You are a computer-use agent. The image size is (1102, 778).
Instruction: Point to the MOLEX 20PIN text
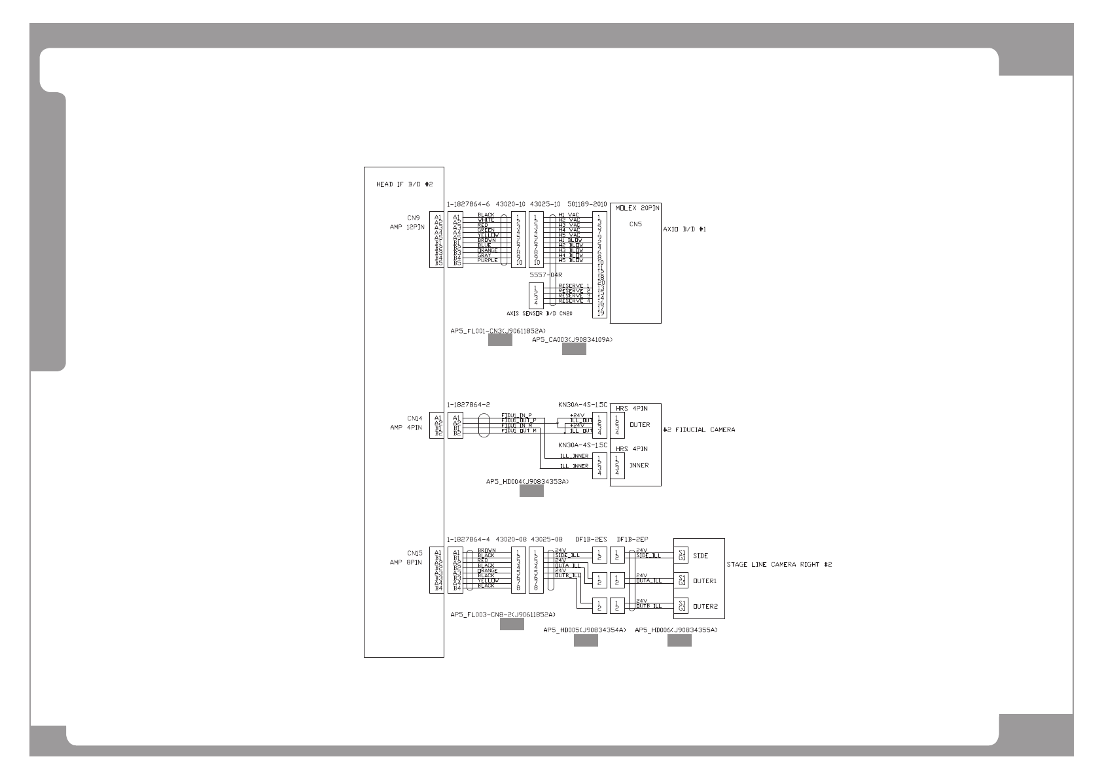[x=637, y=207]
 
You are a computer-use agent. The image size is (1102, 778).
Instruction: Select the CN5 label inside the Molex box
[x=635, y=224]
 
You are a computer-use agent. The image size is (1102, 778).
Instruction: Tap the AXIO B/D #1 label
[x=684, y=229]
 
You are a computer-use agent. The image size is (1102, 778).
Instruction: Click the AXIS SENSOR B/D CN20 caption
[x=539, y=314]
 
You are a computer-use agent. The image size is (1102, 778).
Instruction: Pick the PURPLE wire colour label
[x=488, y=260]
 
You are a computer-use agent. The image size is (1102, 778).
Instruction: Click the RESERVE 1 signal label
[x=574, y=286]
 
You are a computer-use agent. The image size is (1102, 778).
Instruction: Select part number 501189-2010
[x=587, y=204]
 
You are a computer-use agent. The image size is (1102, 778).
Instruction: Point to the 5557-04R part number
[x=546, y=275]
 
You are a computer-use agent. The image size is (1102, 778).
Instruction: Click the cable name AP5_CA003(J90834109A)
[x=572, y=339]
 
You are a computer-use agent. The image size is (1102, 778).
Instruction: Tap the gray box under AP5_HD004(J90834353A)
[x=531, y=492]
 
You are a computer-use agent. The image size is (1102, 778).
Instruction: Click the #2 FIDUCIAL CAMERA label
[x=699, y=430]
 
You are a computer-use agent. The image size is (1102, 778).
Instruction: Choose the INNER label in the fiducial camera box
[x=639, y=465]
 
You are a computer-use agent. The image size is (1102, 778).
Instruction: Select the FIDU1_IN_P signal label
[x=516, y=415]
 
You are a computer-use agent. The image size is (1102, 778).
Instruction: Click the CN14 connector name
[x=415, y=418]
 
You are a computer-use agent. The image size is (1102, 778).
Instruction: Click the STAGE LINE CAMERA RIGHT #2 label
[x=779, y=564]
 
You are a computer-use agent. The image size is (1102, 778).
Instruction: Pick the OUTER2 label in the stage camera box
[x=705, y=606]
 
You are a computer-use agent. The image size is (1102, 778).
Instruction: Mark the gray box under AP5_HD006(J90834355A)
[x=679, y=641]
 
